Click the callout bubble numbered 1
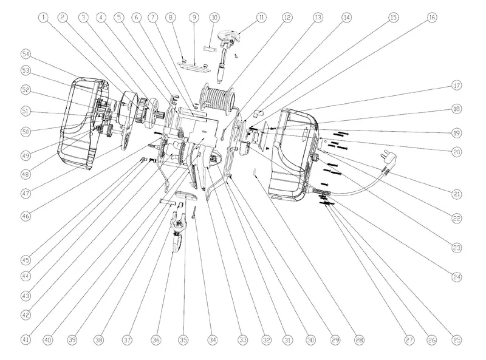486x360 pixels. (x=44, y=18)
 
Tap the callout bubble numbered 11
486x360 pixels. (x=261, y=18)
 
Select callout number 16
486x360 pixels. (x=432, y=18)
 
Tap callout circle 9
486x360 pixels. (x=194, y=18)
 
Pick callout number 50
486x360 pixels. (x=26, y=131)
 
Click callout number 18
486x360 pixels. (x=456, y=109)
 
